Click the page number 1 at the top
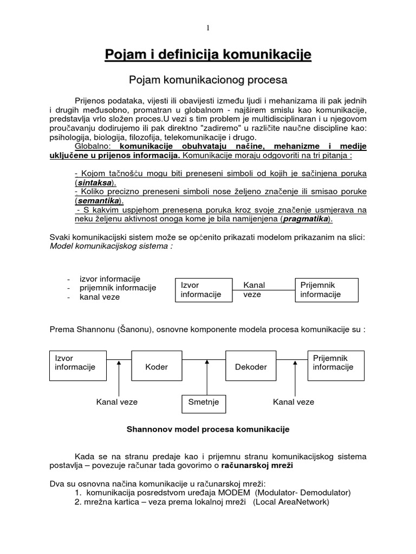[207, 28]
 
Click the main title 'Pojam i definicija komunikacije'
[207, 55]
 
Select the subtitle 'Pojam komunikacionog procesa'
[207, 80]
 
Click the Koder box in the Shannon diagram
[157, 367]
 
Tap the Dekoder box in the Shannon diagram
[251, 367]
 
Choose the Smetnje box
[204, 402]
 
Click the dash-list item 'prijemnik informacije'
[118, 288]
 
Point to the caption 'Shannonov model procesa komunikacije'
[208, 429]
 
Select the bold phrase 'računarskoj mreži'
[259, 466]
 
